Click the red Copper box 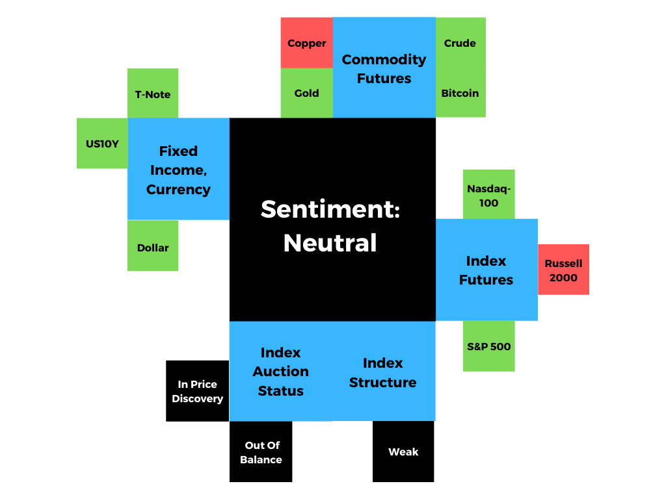click(x=307, y=43)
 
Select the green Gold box click(x=307, y=93)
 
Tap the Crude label click(x=460, y=44)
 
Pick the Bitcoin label click(x=460, y=94)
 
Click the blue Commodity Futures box click(x=384, y=68)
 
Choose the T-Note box click(x=153, y=94)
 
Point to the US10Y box click(x=102, y=144)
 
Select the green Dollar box click(x=153, y=246)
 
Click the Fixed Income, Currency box click(x=178, y=169)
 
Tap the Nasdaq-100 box click(x=489, y=194)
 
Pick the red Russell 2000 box click(x=564, y=270)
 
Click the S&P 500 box click(x=489, y=346)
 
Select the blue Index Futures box click(x=486, y=270)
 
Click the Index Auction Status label click(x=281, y=372)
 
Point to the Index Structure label click(x=382, y=372)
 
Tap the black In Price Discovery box click(x=198, y=390)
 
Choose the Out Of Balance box click(x=261, y=452)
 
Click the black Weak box click(x=403, y=452)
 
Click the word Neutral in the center click(x=330, y=243)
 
